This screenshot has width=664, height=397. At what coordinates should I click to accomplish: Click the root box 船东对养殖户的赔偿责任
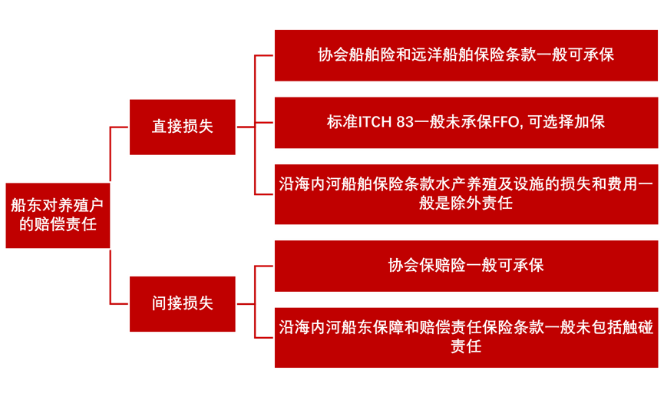coord(58,215)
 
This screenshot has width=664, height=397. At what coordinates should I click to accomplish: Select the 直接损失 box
coord(183,127)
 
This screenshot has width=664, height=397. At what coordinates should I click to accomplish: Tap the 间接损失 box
coord(183,304)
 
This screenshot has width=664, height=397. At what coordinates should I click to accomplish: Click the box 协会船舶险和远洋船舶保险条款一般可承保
coord(466,55)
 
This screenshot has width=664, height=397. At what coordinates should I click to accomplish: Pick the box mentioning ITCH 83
coord(466,122)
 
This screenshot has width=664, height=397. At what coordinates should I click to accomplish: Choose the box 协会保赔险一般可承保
coord(466,266)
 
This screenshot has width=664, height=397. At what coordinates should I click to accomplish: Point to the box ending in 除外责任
coord(466,194)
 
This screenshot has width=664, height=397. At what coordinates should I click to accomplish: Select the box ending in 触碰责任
coord(466,338)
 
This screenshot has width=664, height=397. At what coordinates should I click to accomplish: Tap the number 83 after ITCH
coord(405,122)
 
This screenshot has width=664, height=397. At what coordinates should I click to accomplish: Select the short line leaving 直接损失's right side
coord(246,127)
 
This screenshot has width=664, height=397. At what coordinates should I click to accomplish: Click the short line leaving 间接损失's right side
coord(246,304)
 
